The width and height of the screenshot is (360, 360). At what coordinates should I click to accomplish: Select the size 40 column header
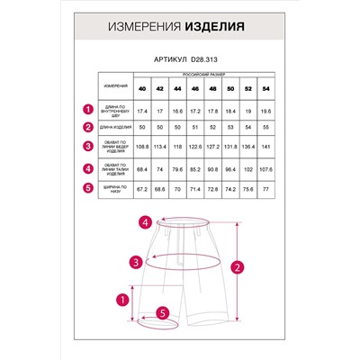pyautogui.click(x=142, y=89)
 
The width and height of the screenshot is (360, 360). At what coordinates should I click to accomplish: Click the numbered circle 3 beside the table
pyautogui.click(x=88, y=148)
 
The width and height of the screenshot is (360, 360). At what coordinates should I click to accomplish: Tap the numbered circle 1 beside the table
pyautogui.click(x=88, y=109)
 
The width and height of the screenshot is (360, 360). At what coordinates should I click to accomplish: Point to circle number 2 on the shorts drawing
pyautogui.click(x=235, y=266)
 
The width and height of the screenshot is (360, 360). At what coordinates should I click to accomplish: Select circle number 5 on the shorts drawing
pyautogui.click(x=163, y=313)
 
